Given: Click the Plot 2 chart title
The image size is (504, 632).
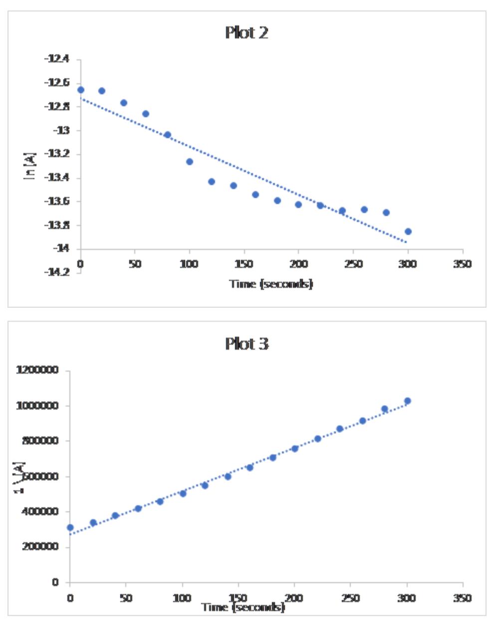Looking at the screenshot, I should pyautogui.click(x=247, y=33).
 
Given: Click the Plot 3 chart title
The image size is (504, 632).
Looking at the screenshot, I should pyautogui.click(x=247, y=344).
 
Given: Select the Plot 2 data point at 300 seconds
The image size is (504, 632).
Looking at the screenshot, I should pyautogui.click(x=408, y=231).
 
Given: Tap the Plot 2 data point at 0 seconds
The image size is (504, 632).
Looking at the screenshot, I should pyautogui.click(x=81, y=90).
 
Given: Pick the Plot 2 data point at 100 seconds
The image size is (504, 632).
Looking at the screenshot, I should pyautogui.click(x=190, y=162).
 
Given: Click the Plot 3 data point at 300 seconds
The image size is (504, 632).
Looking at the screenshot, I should pyautogui.click(x=407, y=401).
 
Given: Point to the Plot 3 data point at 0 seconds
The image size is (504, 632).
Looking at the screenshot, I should pyautogui.click(x=70, y=527).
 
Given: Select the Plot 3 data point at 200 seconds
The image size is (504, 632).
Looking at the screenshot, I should pyautogui.click(x=295, y=448).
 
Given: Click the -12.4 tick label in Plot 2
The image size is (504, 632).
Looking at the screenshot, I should pyautogui.click(x=56, y=59).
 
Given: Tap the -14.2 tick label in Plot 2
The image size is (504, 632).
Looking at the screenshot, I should pyautogui.click(x=56, y=272).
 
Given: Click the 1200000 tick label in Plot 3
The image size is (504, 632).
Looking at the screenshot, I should pyautogui.click(x=37, y=370).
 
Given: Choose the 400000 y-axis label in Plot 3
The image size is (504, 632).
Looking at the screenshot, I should pyautogui.click(x=41, y=511).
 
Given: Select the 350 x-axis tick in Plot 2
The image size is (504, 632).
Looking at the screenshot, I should pyautogui.click(x=463, y=264).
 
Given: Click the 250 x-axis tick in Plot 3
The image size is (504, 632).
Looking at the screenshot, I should pyautogui.click(x=351, y=597).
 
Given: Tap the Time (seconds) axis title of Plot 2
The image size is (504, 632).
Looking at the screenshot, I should pyautogui.click(x=271, y=284).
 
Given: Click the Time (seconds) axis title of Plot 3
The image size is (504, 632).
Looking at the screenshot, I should pyautogui.click(x=244, y=607).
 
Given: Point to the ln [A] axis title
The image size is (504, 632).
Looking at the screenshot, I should pyautogui.click(x=31, y=165).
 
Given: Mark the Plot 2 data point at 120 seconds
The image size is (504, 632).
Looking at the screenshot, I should pyautogui.click(x=212, y=182).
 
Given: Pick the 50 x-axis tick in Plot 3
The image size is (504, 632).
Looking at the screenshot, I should pyautogui.click(x=126, y=597).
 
